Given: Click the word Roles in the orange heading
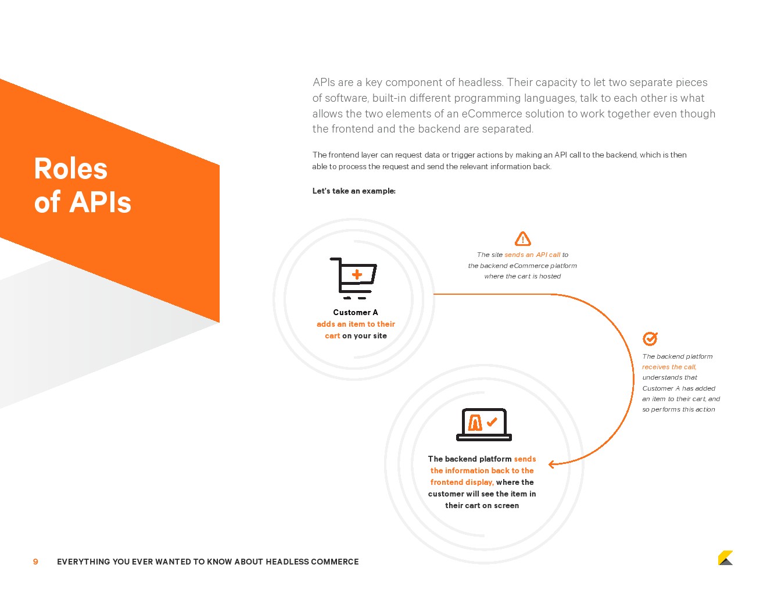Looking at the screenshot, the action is pyautogui.click(x=70, y=169).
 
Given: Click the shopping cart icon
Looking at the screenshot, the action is pyautogui.click(x=353, y=278).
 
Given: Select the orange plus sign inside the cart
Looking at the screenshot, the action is pyautogui.click(x=357, y=274).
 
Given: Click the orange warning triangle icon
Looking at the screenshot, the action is pyautogui.click(x=523, y=239).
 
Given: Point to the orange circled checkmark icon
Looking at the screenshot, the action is pyautogui.click(x=650, y=338).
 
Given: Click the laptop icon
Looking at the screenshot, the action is pyautogui.click(x=484, y=424).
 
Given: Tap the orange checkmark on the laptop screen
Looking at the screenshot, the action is pyautogui.click(x=492, y=421).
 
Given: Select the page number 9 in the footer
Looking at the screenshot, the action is pyautogui.click(x=35, y=562).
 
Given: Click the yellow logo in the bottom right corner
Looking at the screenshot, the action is pyautogui.click(x=725, y=558).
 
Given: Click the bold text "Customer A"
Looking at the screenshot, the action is pyautogui.click(x=356, y=312).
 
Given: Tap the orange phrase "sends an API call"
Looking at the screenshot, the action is pyautogui.click(x=532, y=255).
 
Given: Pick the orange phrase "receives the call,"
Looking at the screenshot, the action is pyautogui.click(x=669, y=367).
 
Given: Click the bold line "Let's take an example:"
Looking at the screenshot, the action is pyautogui.click(x=354, y=191).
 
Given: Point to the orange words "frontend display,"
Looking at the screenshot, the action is pyautogui.click(x=462, y=482).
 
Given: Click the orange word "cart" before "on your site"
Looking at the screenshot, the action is pyautogui.click(x=332, y=336).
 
